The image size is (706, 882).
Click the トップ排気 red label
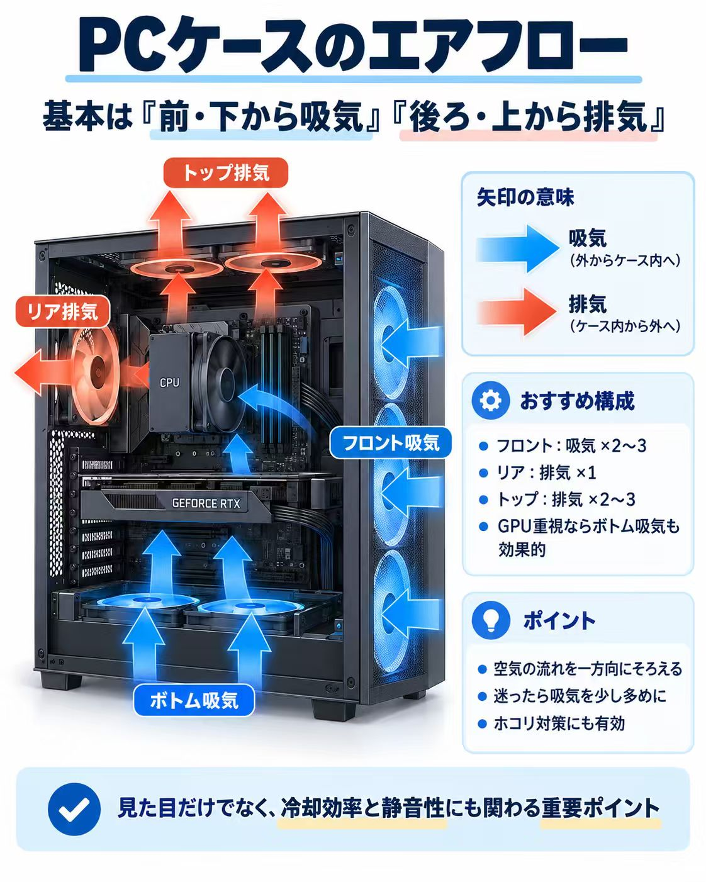(x=225, y=172)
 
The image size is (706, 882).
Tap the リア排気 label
(x=62, y=311)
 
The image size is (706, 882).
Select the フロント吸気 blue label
(x=391, y=443)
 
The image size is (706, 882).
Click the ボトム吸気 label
(x=194, y=700)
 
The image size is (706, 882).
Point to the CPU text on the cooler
(x=169, y=382)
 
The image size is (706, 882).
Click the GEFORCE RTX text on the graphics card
(x=206, y=503)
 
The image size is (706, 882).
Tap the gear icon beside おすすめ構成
(x=490, y=401)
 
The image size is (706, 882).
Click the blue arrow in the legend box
(x=517, y=248)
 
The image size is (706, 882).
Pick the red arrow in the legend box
(x=517, y=312)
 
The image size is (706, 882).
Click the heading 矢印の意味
(x=525, y=197)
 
